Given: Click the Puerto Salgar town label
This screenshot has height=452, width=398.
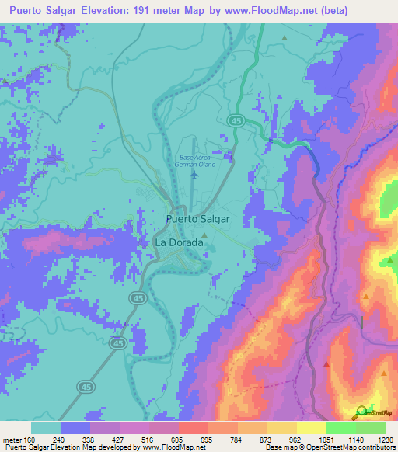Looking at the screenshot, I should (198, 219).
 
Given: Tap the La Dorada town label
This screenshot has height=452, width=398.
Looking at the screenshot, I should (180, 242).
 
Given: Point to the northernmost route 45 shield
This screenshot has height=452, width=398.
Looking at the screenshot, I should (235, 120).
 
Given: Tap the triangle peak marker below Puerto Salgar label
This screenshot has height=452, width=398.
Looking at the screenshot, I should (204, 234).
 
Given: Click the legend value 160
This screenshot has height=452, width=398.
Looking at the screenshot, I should (30, 440).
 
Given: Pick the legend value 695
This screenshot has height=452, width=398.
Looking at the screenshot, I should (207, 440).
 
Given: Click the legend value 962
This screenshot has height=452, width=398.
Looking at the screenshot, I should (295, 440).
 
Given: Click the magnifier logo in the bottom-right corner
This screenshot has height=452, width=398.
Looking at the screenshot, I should (361, 412).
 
